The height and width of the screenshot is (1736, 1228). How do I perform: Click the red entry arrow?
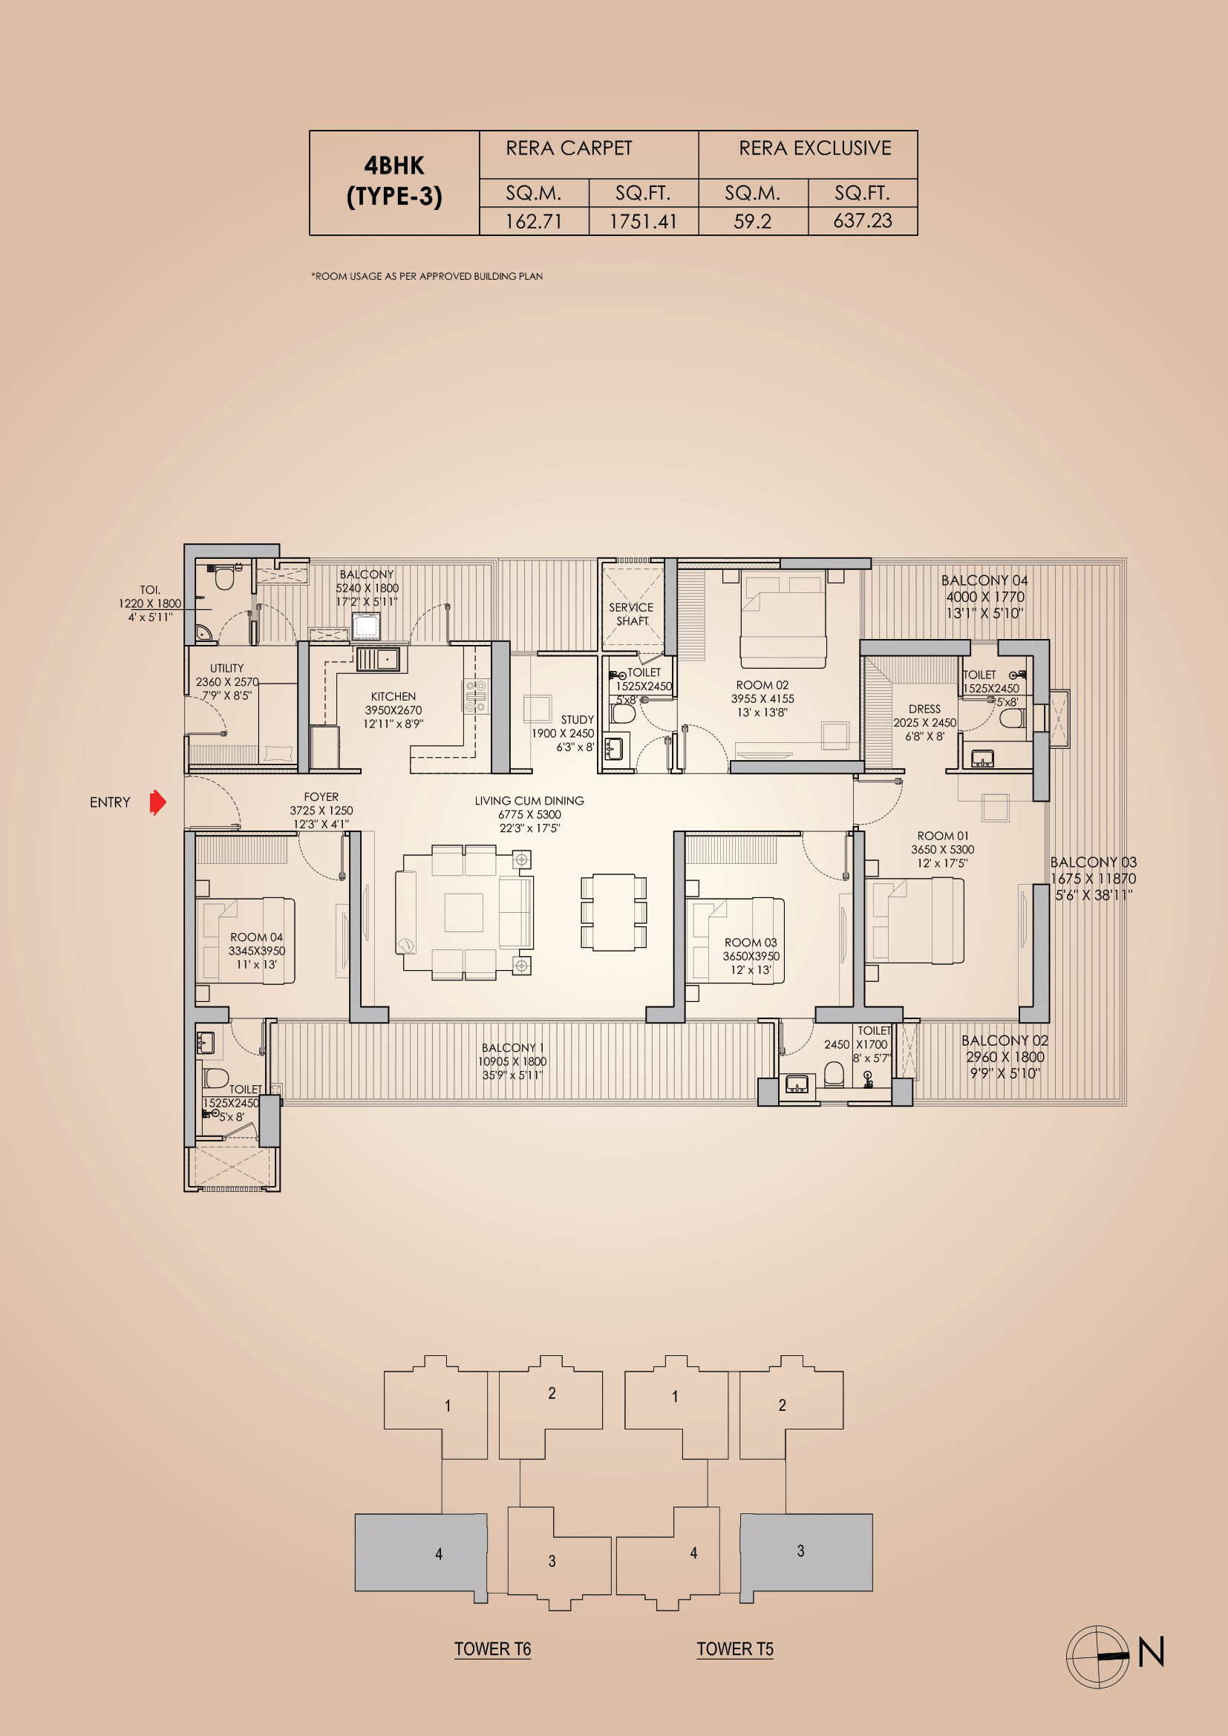click(157, 802)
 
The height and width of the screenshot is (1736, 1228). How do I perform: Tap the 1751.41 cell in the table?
click(643, 221)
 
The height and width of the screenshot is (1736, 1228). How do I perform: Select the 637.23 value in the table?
click(862, 220)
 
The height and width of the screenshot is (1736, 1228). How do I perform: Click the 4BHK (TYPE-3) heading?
click(394, 181)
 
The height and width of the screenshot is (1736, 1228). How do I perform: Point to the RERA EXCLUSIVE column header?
click(814, 148)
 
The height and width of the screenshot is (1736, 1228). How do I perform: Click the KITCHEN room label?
click(393, 696)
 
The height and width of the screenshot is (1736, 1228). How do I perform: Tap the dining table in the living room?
click(613, 912)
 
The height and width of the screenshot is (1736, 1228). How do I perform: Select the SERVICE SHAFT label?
click(631, 614)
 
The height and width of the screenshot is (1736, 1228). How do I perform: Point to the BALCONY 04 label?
click(984, 580)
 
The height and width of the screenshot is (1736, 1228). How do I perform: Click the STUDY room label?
click(577, 720)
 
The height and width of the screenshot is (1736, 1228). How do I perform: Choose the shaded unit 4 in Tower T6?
click(422, 1553)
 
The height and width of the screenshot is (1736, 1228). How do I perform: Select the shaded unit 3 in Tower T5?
click(806, 1552)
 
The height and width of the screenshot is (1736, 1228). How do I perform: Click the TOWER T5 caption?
click(734, 1649)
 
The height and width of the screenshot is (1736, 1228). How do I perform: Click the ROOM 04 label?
click(256, 937)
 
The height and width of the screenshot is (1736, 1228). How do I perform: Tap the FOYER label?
click(321, 797)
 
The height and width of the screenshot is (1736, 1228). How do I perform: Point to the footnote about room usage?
click(426, 277)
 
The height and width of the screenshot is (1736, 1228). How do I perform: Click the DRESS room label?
click(924, 710)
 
